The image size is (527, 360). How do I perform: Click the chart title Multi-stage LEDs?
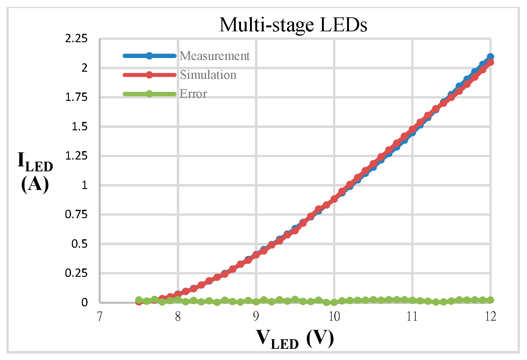[x=293, y=25]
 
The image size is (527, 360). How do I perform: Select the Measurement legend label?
[x=214, y=56]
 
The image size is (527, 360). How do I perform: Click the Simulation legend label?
[x=208, y=75]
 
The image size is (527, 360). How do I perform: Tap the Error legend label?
[x=193, y=94]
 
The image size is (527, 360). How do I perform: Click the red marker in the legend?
[x=149, y=75]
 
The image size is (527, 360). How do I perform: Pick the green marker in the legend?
[x=149, y=94]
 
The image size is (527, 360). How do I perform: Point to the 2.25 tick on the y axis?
[x=76, y=38]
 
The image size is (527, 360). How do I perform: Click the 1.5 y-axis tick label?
[x=79, y=127]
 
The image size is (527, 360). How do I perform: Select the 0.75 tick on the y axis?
[x=76, y=214]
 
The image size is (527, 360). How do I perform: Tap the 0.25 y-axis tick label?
[x=76, y=273]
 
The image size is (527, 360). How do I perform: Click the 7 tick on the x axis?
[x=99, y=317]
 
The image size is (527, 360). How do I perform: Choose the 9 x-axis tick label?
[x=256, y=317]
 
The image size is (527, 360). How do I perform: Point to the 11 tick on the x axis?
[x=412, y=317]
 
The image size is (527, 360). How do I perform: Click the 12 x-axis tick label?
[x=490, y=317]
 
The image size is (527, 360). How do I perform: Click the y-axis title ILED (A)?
[x=35, y=172]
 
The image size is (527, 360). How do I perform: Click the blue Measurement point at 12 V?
[x=490, y=57]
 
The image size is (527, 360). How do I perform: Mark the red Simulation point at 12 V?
[x=490, y=62]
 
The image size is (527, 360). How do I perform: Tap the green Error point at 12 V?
[x=490, y=300]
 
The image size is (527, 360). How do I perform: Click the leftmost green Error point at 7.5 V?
[x=139, y=300]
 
